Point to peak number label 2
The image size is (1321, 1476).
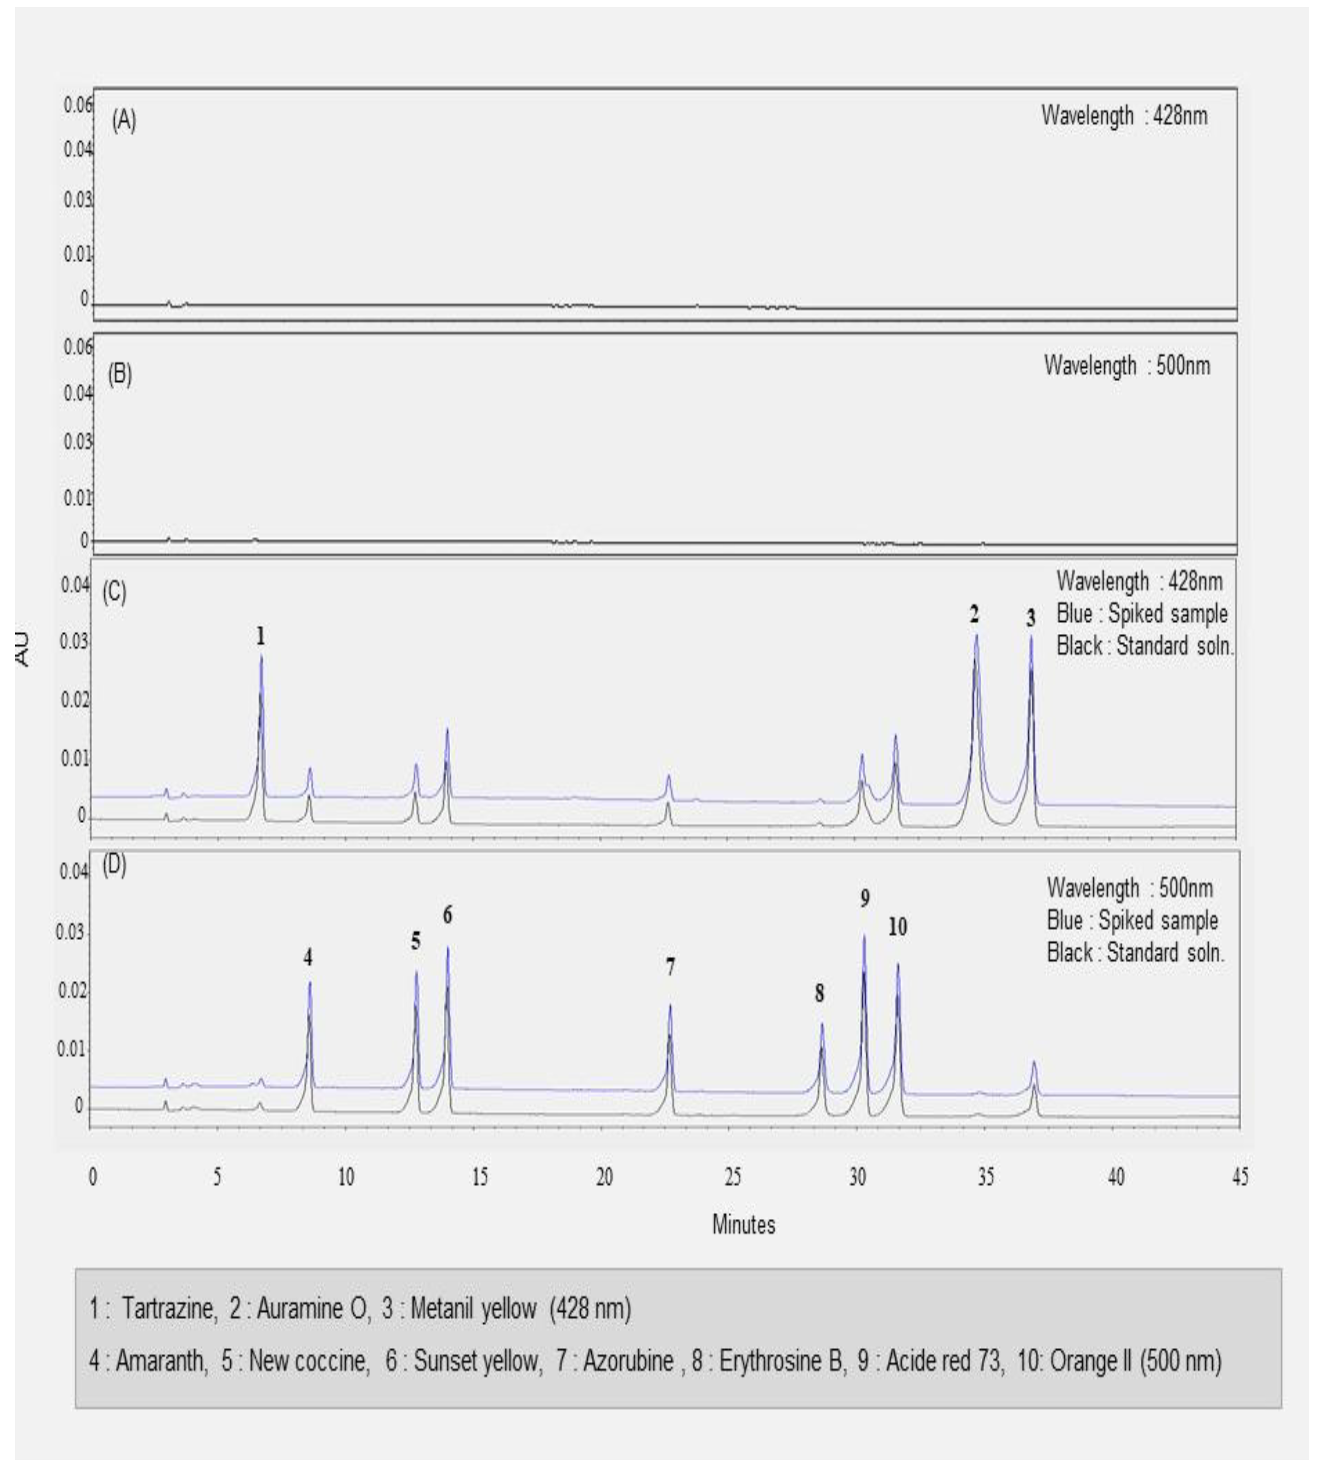[x=974, y=615]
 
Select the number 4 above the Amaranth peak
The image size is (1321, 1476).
[x=309, y=958]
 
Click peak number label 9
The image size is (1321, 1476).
[x=864, y=899]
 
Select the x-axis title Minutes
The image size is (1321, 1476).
[x=743, y=1225]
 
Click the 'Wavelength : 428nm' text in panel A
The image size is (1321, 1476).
[x=1124, y=116]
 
